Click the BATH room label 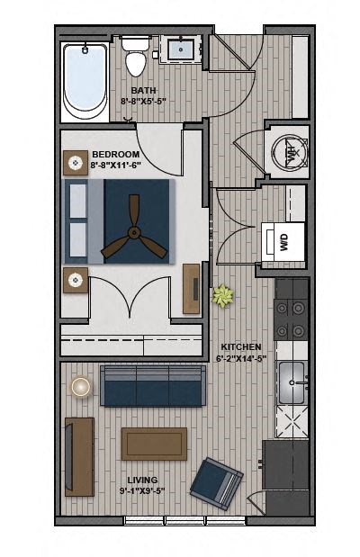click(144, 91)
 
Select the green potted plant click(222, 294)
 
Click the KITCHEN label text click(240, 346)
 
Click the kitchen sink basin click(292, 382)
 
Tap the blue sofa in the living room click(152, 387)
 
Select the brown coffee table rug click(154, 444)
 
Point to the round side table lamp click(81, 386)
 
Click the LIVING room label click(142, 481)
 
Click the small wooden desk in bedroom click(192, 288)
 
